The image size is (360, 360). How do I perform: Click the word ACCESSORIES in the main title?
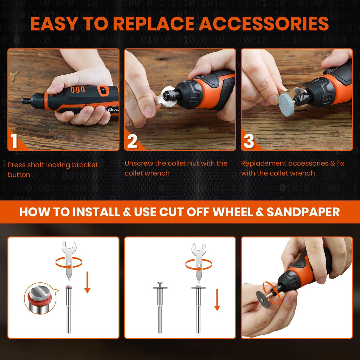point(264,24)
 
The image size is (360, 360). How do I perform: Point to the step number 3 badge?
point(249,141)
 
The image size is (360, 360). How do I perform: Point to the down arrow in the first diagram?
point(87,281)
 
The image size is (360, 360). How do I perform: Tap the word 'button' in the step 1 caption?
point(19,175)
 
